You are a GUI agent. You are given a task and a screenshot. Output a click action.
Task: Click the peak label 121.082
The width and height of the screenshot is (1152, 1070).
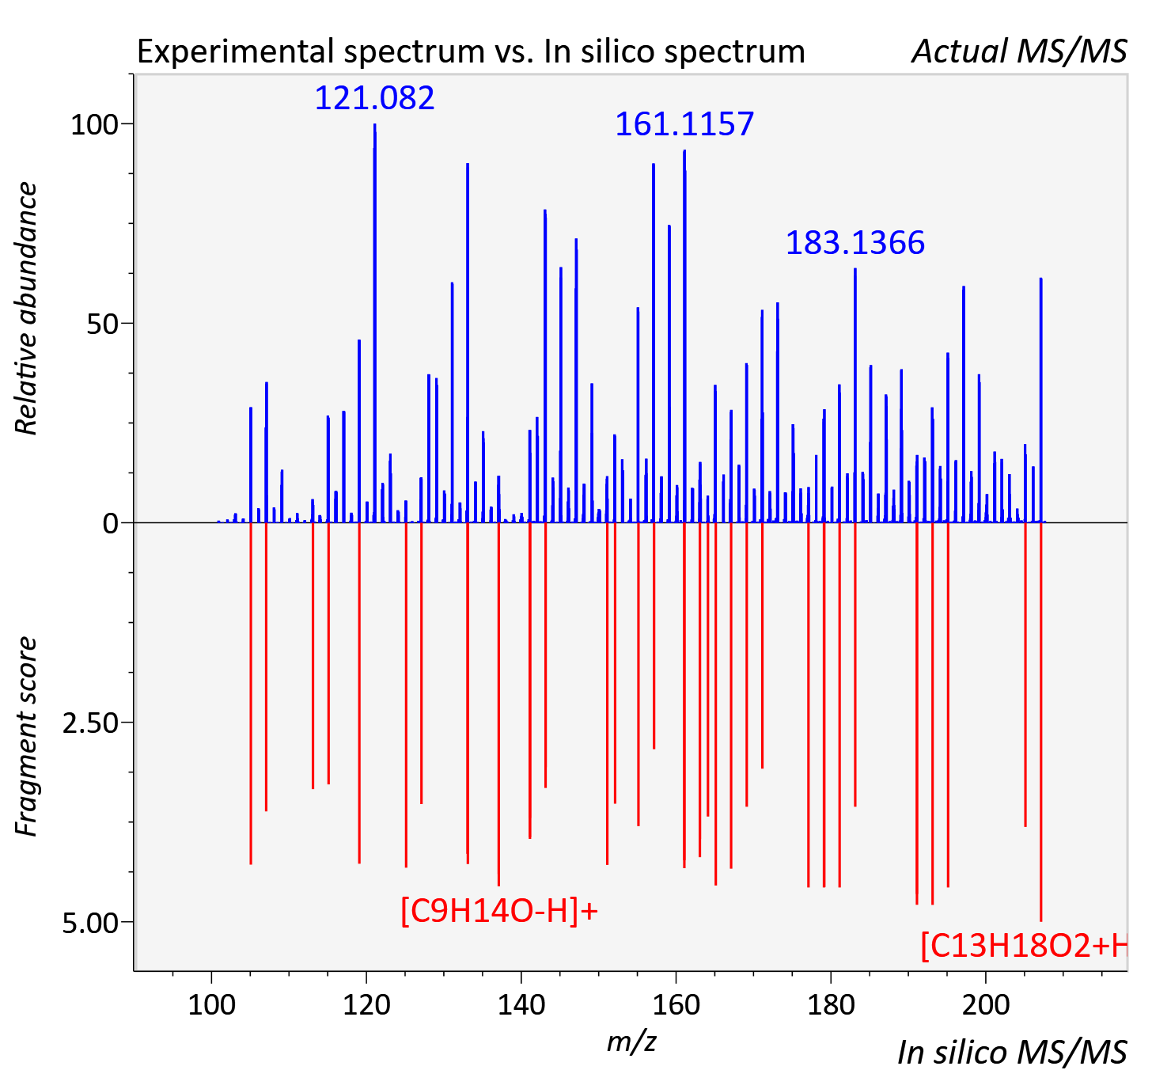click(x=374, y=97)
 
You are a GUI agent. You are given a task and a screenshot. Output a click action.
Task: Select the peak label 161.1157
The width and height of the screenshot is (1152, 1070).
click(x=684, y=124)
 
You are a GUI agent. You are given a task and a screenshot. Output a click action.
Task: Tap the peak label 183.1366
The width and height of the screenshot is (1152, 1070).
click(x=855, y=242)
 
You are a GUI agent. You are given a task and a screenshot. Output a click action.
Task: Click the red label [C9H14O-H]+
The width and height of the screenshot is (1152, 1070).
click(x=498, y=911)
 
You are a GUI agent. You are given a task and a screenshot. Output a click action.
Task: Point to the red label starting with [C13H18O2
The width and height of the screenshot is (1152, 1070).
click(x=1024, y=946)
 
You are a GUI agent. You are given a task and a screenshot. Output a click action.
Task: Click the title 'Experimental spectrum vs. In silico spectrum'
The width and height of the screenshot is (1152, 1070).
click(x=471, y=52)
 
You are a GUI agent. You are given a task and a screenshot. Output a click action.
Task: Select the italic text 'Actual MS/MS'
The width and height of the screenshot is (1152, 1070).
click(x=1020, y=51)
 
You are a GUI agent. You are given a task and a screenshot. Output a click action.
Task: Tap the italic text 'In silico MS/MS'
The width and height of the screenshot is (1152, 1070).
click(x=1012, y=1053)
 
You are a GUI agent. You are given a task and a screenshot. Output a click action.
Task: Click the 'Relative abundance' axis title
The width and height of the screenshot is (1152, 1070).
click(x=26, y=308)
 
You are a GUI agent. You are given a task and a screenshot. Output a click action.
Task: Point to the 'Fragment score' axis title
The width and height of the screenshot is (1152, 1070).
click(x=26, y=736)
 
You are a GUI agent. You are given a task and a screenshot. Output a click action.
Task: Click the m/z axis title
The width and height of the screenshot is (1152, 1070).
click(x=631, y=1042)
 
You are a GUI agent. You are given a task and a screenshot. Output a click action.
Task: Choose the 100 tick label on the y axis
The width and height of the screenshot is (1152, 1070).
click(x=94, y=125)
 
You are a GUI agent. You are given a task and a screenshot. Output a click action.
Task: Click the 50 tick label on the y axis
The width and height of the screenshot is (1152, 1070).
click(x=102, y=324)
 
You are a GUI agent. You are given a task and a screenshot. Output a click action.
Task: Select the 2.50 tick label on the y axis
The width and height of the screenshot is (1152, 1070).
click(x=90, y=723)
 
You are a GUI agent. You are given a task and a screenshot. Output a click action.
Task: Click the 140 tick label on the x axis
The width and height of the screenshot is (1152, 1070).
click(x=521, y=1005)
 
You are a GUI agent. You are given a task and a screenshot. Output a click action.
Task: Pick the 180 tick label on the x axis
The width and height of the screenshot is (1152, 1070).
click(x=831, y=1005)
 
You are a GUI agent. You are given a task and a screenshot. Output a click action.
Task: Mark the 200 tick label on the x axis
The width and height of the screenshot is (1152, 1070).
click(x=986, y=1005)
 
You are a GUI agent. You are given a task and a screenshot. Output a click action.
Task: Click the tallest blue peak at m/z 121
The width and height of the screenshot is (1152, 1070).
click(x=375, y=323)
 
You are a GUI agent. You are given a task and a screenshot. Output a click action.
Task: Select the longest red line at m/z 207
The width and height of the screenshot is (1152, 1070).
click(x=1041, y=722)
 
